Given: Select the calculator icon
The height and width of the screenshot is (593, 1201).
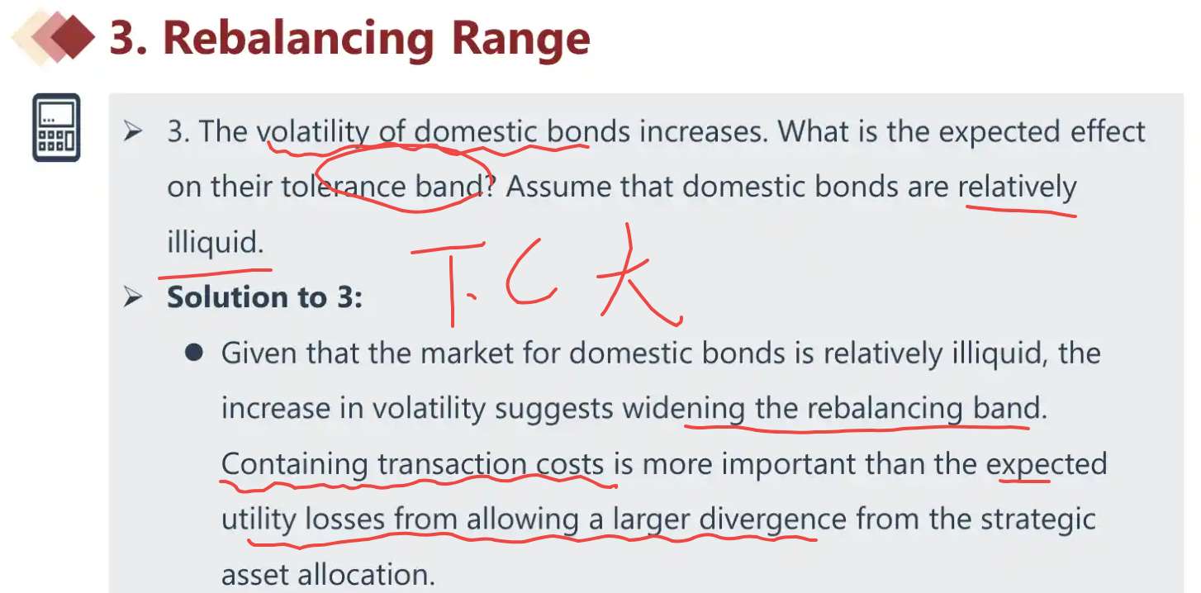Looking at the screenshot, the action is coord(56,127).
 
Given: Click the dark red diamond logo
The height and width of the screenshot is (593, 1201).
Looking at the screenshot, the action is coord(73,36).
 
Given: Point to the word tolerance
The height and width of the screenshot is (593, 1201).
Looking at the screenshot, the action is coord(344,187).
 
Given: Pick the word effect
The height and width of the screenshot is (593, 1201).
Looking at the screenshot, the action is coord(1108,131).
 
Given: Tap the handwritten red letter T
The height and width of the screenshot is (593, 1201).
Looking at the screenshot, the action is coord(450,282).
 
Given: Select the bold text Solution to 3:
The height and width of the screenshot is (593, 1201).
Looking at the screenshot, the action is coord(265,296).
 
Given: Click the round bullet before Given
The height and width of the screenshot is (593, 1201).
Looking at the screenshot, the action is coord(193,353).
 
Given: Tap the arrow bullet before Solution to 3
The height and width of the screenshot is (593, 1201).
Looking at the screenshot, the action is coord(132,296).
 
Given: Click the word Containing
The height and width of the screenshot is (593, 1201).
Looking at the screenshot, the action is coord(294,464).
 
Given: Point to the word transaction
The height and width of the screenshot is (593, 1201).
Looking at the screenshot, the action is coord(453,464).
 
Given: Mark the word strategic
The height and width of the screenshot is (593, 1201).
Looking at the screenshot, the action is coord(1038,519).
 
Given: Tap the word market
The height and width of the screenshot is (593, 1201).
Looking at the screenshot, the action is coord(467,353).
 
